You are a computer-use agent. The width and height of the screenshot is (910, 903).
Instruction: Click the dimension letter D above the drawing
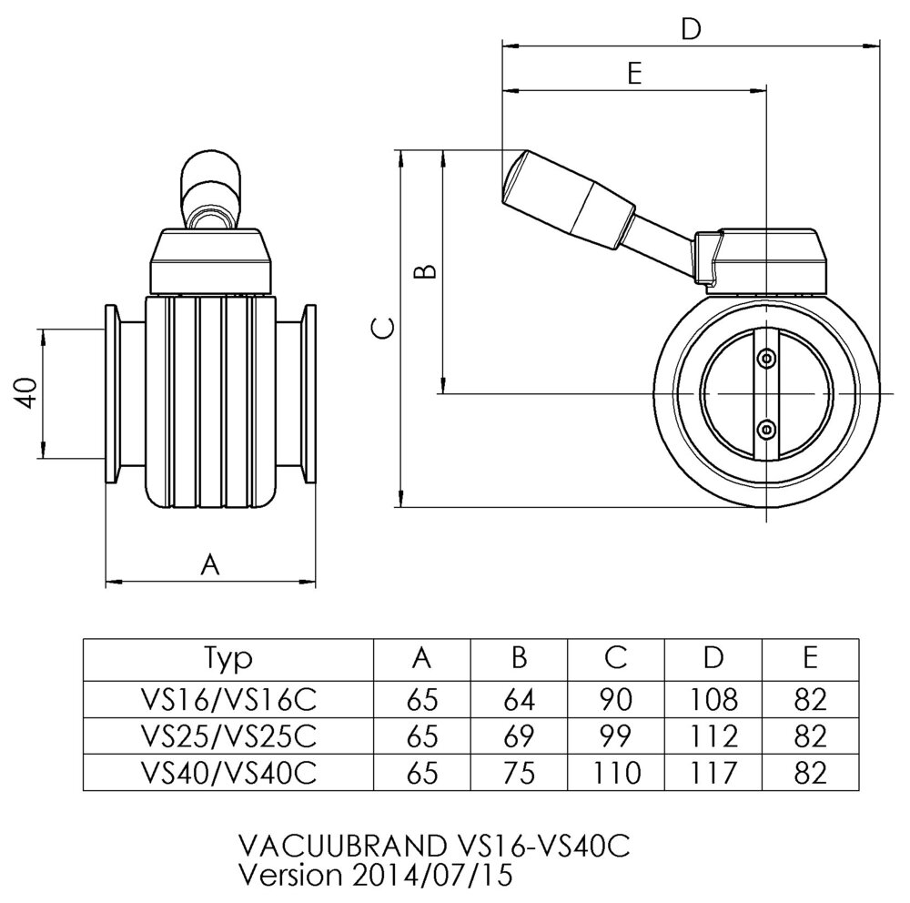tap(692, 30)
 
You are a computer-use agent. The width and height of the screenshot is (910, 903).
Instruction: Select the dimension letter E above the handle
tap(635, 74)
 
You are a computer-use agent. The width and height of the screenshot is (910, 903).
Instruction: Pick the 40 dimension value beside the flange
tap(26, 393)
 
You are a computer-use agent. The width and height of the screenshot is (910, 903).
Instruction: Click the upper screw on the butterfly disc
tap(768, 359)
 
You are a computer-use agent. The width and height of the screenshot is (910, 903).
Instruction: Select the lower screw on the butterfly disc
tap(768, 427)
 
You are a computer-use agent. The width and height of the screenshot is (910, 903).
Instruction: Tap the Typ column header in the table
tap(228, 658)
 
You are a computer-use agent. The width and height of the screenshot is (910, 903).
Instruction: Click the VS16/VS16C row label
tap(228, 698)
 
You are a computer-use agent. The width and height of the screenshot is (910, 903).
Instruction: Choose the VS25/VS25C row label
tap(228, 736)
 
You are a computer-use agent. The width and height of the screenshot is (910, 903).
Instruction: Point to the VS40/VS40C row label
tap(228, 773)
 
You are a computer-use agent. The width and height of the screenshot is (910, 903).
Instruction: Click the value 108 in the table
tap(713, 698)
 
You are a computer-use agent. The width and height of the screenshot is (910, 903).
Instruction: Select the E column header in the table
tap(811, 658)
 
